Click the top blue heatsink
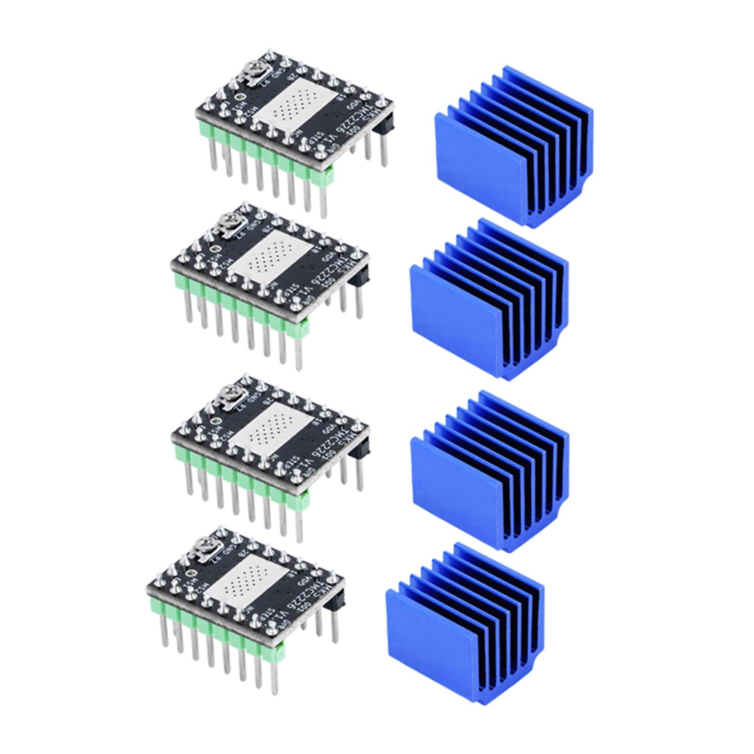point(514,151)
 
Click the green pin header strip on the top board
point(264,151)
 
